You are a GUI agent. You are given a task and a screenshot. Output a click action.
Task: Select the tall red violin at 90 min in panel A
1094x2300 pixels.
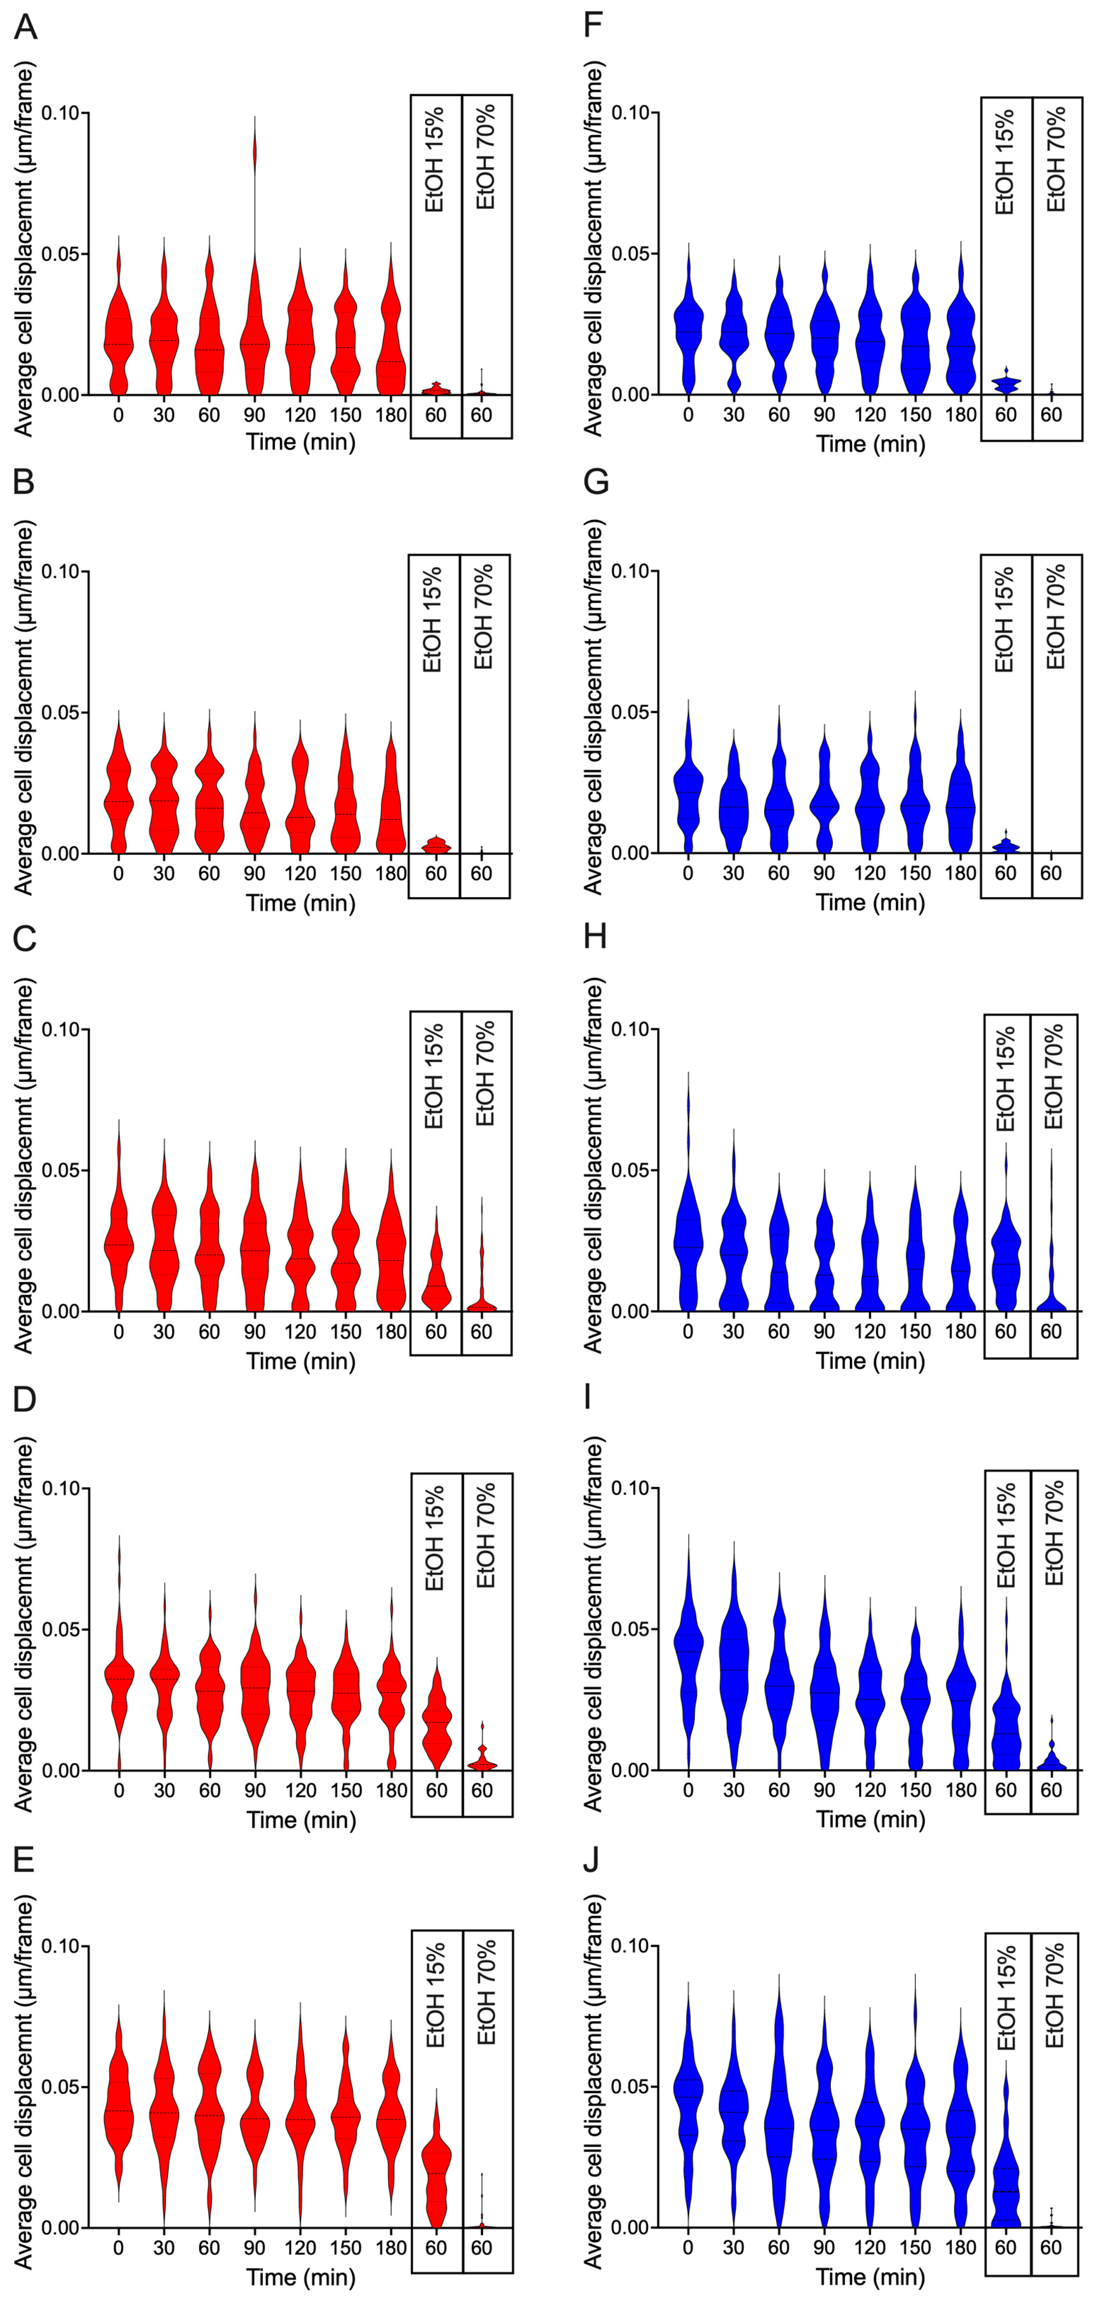pyautogui.click(x=254, y=339)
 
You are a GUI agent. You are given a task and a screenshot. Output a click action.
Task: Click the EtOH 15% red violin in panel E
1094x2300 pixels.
pyautogui.click(x=436, y=2178)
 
